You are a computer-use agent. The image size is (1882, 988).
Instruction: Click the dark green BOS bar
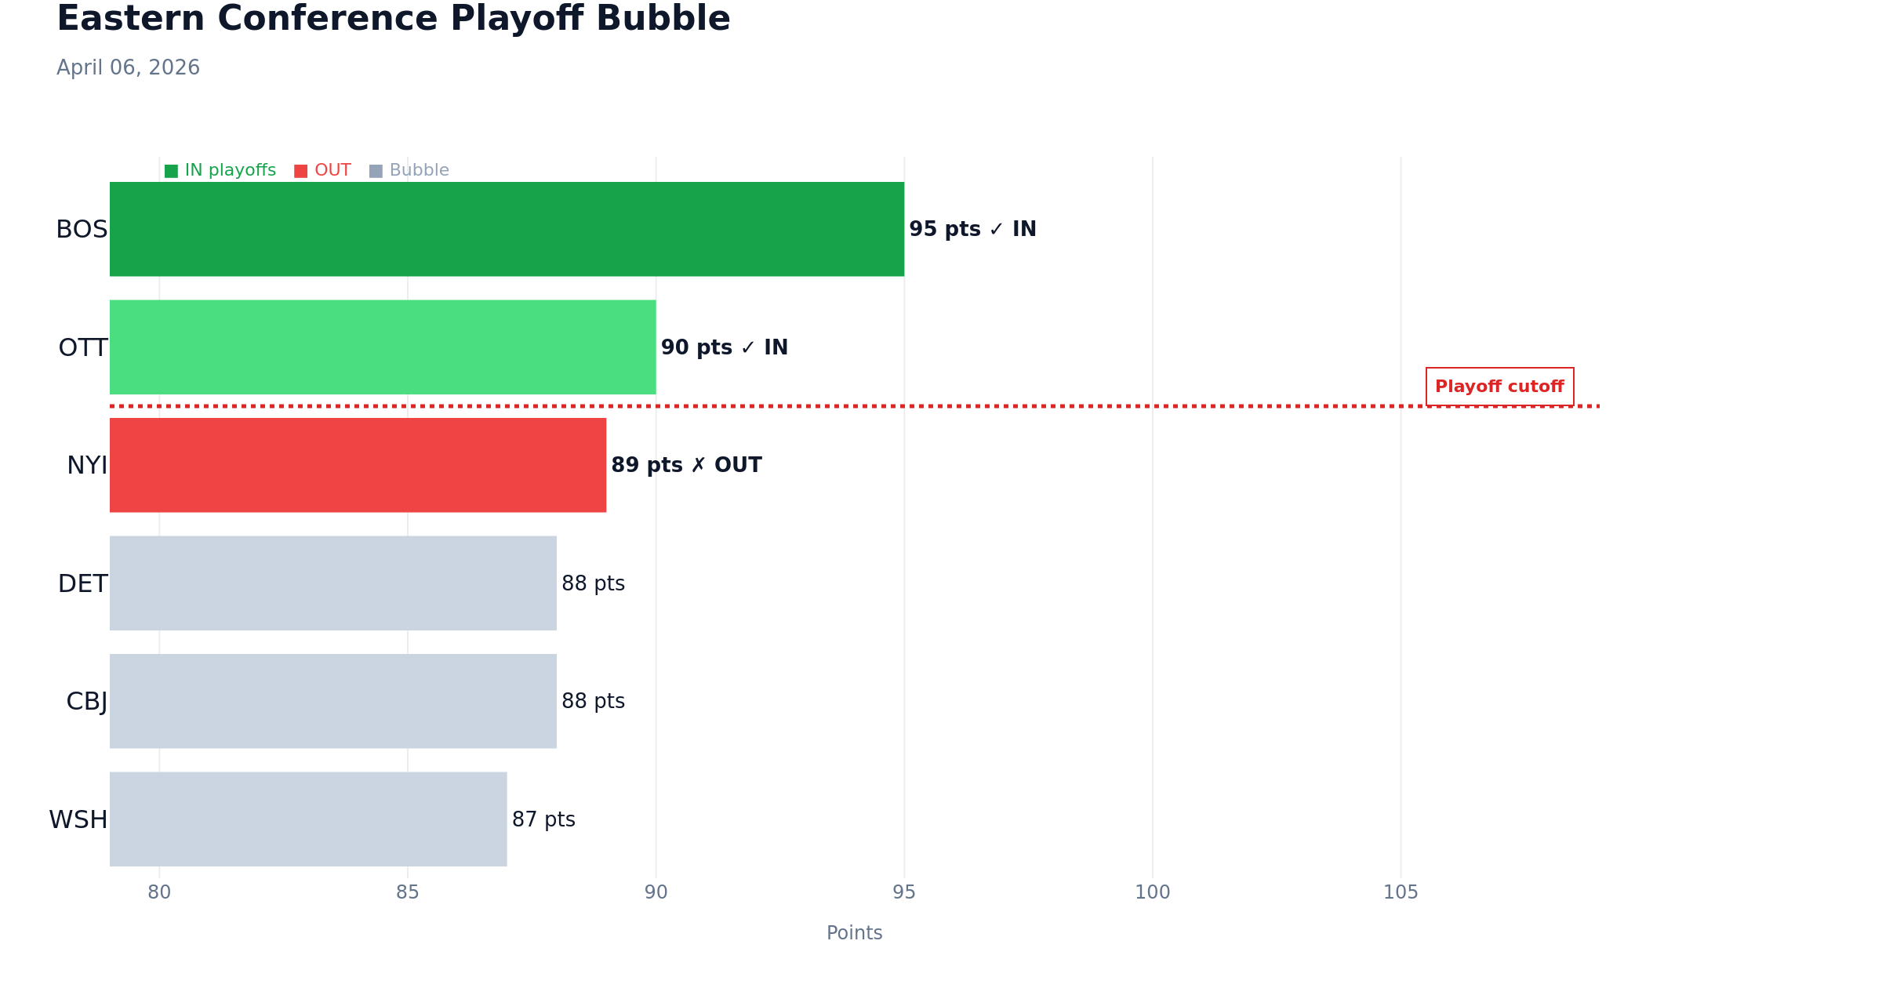coord(507,229)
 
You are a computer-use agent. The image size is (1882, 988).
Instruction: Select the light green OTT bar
coord(383,347)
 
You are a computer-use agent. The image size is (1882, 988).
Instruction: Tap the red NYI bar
coord(358,465)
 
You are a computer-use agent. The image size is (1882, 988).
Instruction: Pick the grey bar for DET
coord(333,583)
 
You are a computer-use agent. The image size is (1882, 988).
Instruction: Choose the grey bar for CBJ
coord(333,701)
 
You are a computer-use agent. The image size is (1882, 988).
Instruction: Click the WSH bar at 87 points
coord(308,819)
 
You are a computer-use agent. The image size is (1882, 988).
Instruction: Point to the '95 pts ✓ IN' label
coord(972,229)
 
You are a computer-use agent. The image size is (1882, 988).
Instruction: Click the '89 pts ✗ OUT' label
coord(686,465)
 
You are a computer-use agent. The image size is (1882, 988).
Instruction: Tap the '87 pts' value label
coord(543,819)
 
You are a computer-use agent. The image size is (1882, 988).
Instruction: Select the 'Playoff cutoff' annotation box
coord(1499,387)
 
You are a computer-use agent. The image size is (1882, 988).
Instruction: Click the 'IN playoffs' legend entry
coord(220,170)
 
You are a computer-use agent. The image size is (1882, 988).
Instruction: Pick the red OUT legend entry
coord(322,170)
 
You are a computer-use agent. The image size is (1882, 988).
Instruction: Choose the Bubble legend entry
coord(409,170)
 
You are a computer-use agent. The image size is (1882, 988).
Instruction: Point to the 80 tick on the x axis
coord(159,892)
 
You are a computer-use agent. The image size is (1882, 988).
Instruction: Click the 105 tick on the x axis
coord(1401,892)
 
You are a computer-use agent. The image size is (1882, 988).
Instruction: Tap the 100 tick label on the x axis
coord(1153,892)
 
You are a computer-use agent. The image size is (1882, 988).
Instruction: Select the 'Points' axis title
coord(854,933)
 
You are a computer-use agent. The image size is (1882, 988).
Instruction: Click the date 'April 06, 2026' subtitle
coord(128,67)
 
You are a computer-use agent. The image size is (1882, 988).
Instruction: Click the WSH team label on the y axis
coord(78,820)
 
